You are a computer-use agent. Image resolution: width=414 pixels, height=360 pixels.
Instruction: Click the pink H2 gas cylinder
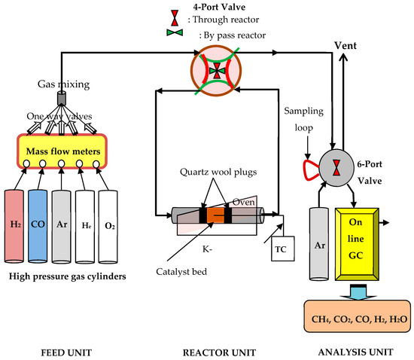pyautogui.click(x=14, y=227)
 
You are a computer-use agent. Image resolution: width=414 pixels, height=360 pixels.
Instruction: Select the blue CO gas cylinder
pyautogui.click(x=38, y=227)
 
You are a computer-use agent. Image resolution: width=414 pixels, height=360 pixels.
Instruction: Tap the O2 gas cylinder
pyautogui.click(x=108, y=227)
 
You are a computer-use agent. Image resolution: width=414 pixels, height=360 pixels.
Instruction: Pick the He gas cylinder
pyautogui.click(x=85, y=227)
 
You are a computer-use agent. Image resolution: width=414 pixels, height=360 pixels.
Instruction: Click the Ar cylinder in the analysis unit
pyautogui.click(x=319, y=243)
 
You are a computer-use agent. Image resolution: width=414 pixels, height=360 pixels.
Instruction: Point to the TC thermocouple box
pyautogui.click(x=283, y=249)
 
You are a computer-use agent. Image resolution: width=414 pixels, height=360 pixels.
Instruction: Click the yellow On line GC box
pyautogui.click(x=357, y=244)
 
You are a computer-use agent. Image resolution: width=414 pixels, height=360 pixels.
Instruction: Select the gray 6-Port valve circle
pyautogui.click(x=336, y=168)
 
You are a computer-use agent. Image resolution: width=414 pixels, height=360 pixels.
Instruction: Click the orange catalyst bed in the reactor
pyautogui.click(x=215, y=215)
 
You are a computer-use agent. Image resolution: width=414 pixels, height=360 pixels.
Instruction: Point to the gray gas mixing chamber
pyautogui.click(x=62, y=98)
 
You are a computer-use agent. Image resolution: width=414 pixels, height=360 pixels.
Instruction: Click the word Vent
pyautogui.click(x=346, y=46)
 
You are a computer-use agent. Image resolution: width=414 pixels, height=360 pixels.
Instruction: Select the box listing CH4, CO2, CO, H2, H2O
pyautogui.click(x=358, y=316)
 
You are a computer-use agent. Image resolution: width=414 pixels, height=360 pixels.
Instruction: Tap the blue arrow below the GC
pyautogui.click(x=358, y=292)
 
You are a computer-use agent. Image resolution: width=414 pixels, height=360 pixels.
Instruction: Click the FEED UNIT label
pyautogui.click(x=66, y=352)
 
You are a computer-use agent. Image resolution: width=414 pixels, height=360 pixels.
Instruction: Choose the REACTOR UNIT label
pyautogui.click(x=219, y=352)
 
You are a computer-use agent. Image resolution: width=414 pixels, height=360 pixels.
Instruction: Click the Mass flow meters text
pyautogui.click(x=63, y=151)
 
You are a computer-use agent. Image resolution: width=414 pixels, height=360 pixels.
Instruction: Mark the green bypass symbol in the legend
pyautogui.click(x=175, y=32)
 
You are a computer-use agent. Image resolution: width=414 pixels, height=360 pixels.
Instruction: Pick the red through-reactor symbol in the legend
pyautogui.click(x=175, y=18)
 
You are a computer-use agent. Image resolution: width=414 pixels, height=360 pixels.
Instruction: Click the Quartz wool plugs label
pyautogui.click(x=218, y=172)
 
